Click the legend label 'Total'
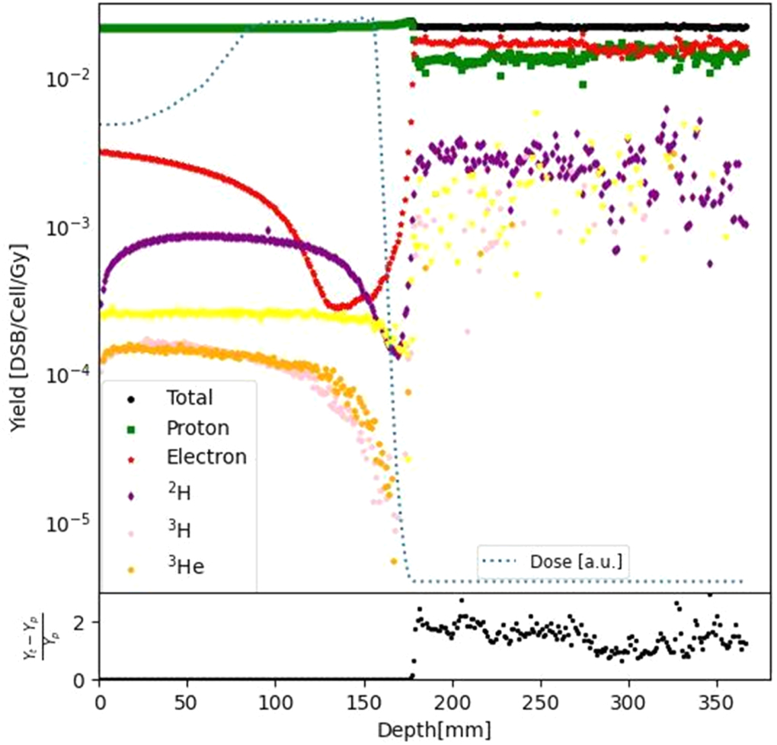point(189,398)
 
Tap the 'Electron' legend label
point(206,457)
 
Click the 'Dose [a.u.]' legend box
point(555,562)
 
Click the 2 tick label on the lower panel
point(86,622)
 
